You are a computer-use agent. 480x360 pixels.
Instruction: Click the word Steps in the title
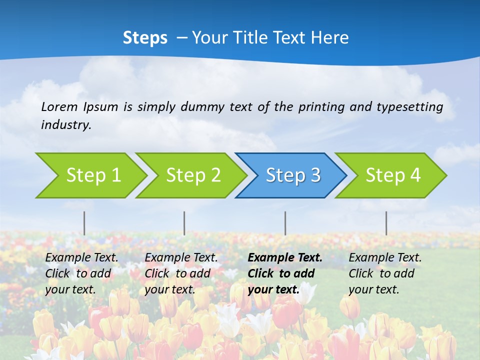tap(145, 38)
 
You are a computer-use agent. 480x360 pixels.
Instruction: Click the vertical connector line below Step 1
tap(84, 223)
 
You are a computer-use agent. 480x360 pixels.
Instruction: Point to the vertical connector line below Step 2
tap(184, 223)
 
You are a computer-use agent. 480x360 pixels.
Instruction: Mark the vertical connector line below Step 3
tap(285, 223)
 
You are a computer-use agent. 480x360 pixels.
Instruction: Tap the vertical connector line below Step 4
tap(386, 223)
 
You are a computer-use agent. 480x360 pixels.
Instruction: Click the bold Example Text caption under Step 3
tap(285, 273)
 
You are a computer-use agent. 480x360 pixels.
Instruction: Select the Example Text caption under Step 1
tap(81, 273)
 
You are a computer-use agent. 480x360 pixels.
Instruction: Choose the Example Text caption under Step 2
tap(181, 273)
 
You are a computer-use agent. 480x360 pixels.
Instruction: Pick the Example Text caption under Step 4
tap(385, 273)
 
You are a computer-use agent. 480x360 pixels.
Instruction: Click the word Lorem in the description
tap(59, 106)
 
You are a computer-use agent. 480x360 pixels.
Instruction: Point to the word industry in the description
tap(66, 125)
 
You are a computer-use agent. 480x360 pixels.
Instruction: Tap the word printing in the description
tap(317, 107)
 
